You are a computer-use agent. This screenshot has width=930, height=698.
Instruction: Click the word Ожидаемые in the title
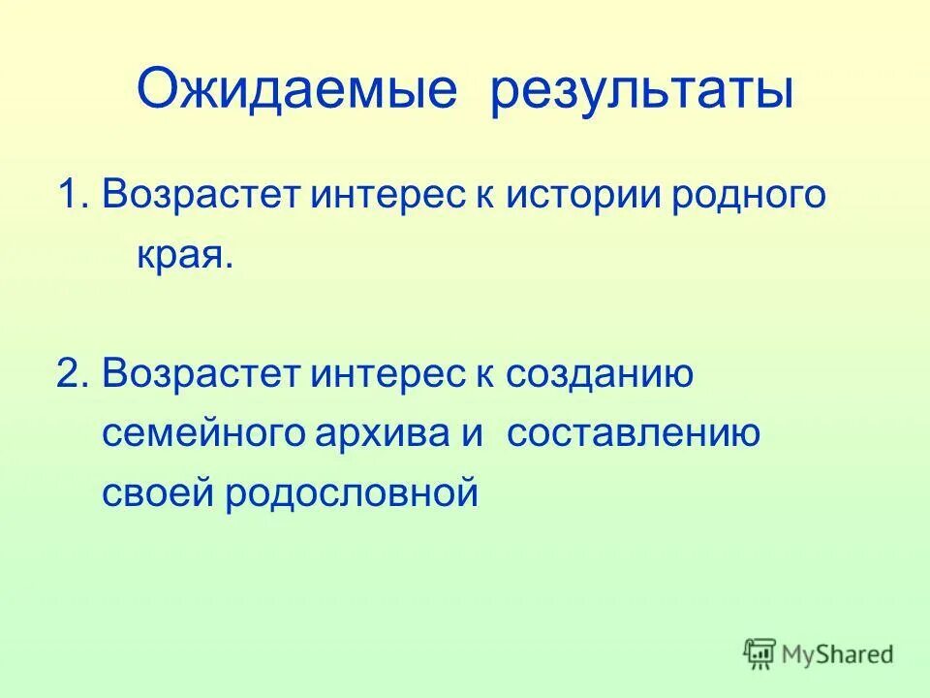(x=296, y=92)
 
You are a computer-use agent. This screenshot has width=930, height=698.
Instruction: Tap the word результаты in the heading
(x=642, y=92)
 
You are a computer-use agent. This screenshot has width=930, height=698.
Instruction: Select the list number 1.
(x=72, y=196)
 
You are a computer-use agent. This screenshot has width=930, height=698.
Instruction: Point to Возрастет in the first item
(x=202, y=196)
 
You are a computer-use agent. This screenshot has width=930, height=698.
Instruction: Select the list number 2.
(x=72, y=373)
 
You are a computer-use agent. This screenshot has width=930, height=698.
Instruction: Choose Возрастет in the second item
(x=202, y=373)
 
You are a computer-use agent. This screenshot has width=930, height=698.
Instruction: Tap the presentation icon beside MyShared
(x=760, y=653)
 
